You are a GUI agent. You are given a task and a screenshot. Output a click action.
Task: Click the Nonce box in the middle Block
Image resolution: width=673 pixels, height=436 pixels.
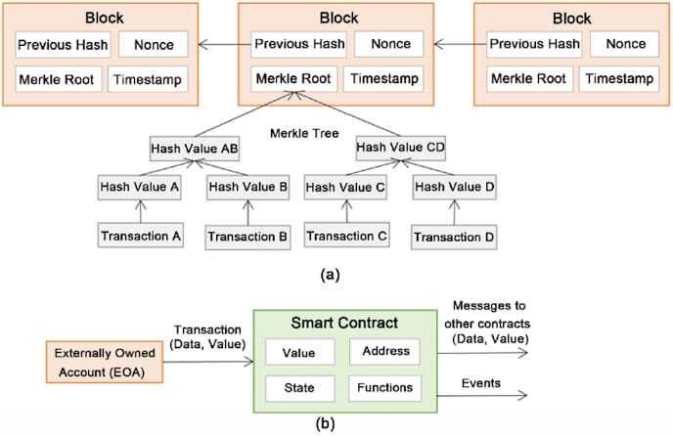click(389, 44)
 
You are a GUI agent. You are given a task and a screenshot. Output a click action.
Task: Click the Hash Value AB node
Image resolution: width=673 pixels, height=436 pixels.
click(194, 149)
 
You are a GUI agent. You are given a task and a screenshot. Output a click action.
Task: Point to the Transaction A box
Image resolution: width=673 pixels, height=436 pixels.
click(140, 235)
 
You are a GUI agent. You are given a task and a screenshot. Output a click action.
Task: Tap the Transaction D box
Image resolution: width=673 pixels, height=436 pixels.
click(454, 237)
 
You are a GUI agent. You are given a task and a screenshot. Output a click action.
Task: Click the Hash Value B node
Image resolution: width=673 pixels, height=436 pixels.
click(247, 186)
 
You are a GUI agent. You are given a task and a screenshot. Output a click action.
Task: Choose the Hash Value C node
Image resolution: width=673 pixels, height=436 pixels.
click(345, 186)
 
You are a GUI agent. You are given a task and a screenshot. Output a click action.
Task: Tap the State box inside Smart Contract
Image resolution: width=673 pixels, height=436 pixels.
click(300, 388)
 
